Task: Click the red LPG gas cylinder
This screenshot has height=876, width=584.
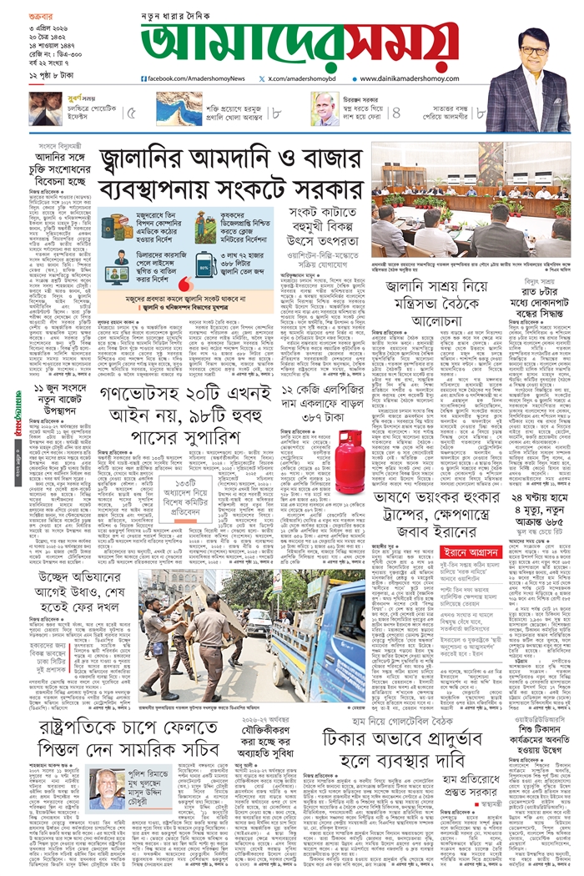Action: click(350, 460)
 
